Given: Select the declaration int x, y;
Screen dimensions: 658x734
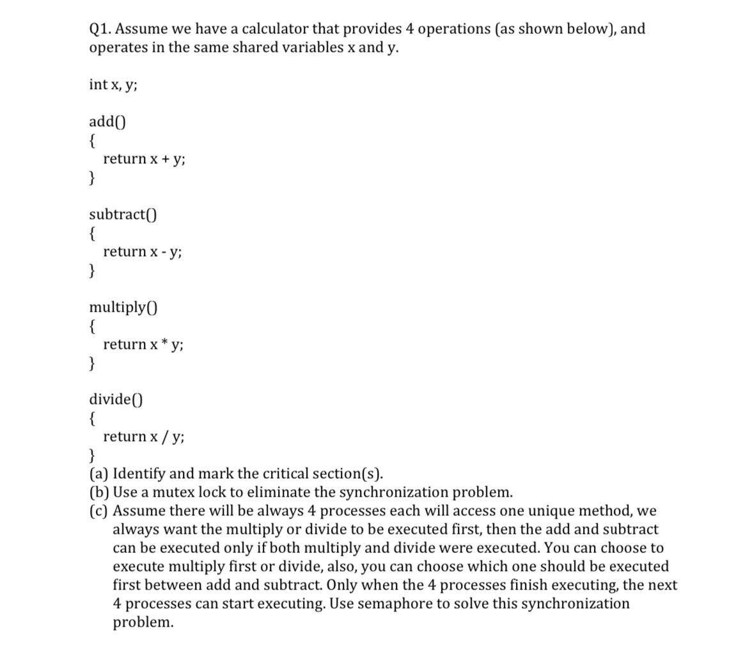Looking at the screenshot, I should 113,84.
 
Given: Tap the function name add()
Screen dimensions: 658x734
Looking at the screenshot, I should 107,122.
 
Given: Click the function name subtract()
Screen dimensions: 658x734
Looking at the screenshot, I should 122,214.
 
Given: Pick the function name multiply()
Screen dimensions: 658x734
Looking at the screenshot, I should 123,307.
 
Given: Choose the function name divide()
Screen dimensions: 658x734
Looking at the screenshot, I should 116,400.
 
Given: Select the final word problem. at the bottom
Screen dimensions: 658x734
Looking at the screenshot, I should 143,622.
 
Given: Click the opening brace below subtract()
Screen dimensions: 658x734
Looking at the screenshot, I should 93,233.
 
